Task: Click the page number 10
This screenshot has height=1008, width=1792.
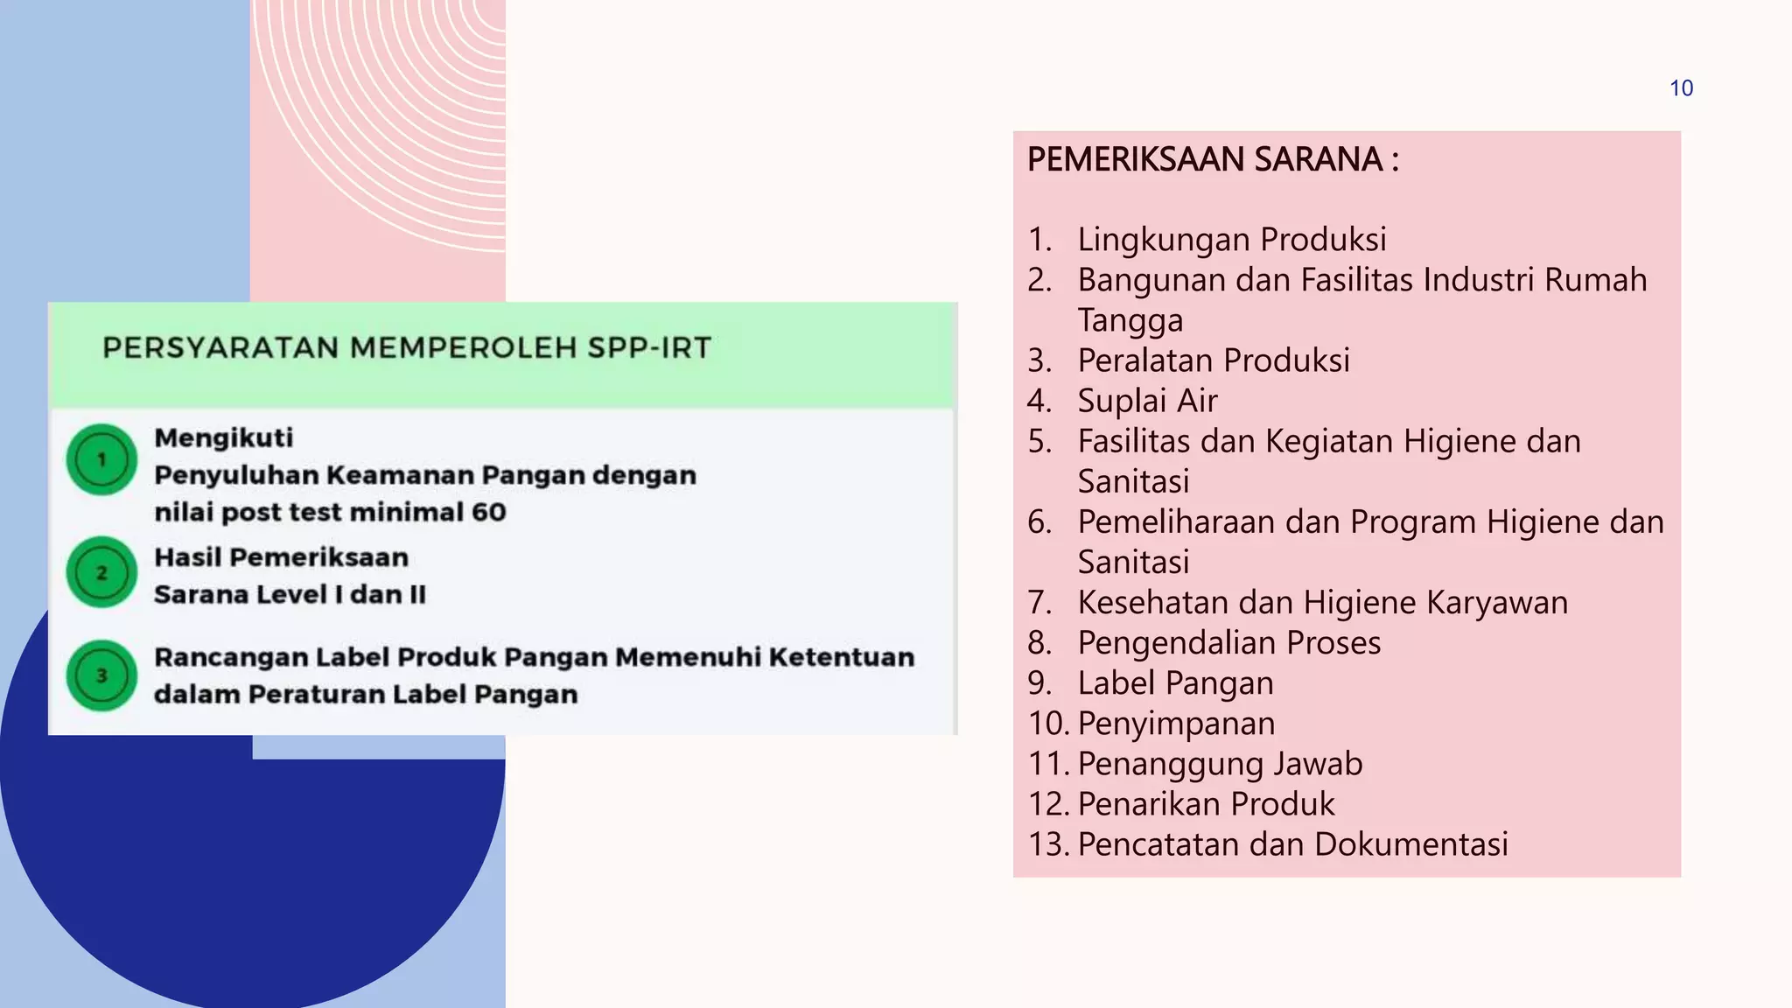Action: pos(1681,88)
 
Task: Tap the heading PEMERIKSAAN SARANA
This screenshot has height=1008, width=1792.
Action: pos(1213,160)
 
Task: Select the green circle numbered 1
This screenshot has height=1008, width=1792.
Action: pos(101,459)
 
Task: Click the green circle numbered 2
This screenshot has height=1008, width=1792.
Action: pos(101,572)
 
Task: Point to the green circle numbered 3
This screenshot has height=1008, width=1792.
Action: pos(101,675)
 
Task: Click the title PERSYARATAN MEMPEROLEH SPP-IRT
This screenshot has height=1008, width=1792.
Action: pos(407,348)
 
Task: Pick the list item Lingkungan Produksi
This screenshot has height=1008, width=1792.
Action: pos(1231,240)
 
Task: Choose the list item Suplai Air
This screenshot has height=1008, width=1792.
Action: pos(1147,401)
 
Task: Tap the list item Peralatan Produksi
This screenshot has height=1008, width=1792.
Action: pos(1214,360)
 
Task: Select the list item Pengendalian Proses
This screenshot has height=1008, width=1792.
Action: pos(1228,643)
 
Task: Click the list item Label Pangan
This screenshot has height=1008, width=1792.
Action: pos(1175,683)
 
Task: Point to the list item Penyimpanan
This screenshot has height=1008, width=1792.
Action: pos(1176,724)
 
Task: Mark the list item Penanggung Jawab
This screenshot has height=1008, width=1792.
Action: pos(1220,764)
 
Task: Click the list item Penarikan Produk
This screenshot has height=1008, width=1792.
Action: pos(1206,804)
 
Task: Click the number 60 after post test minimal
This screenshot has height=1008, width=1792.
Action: pos(488,512)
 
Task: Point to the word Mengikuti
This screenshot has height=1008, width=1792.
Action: pos(224,437)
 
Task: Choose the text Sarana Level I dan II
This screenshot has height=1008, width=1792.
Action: pos(290,595)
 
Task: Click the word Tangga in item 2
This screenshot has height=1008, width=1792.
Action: pos(1130,320)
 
